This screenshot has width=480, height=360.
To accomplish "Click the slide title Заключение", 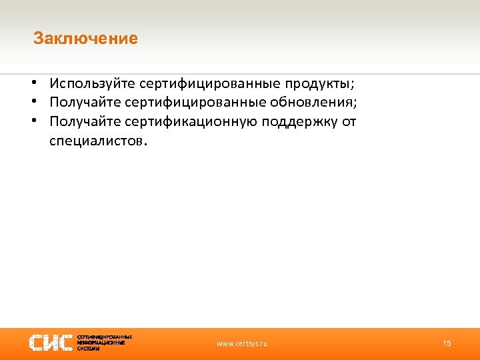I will (x=86, y=39).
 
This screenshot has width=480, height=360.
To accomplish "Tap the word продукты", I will (x=320, y=84).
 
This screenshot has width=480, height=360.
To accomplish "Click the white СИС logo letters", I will (x=51, y=343).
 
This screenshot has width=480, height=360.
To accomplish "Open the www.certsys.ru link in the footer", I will (x=242, y=343).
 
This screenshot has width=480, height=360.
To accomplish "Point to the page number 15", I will (x=447, y=343).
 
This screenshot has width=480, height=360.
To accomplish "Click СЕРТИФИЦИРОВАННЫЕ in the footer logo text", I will (x=105, y=337).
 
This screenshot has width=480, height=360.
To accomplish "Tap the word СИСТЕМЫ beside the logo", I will (x=89, y=349).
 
